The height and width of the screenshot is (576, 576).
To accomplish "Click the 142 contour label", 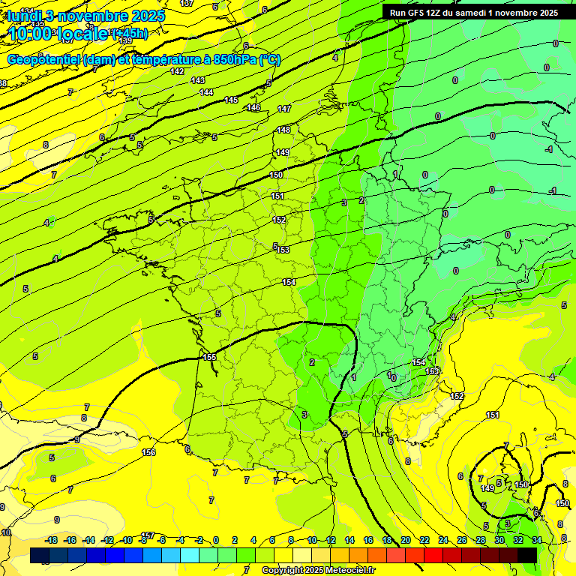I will pos(177,72).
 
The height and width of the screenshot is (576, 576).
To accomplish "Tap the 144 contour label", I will pos(206,92).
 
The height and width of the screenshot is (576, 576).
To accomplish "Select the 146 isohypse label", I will pos(254,108).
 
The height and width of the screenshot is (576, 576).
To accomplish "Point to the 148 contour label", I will pos(283,130).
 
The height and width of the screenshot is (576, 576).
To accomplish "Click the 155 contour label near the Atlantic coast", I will pos(210,357).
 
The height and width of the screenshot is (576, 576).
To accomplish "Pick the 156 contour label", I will pos(148,451).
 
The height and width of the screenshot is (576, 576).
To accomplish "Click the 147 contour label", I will pos(284,109).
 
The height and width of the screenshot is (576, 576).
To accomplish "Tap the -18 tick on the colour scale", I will pos(51,540).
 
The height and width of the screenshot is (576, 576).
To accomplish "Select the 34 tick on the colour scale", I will pos(537,540).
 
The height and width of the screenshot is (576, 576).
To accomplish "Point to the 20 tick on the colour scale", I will pos(406,540).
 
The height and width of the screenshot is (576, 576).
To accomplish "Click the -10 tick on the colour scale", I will pos(127,540).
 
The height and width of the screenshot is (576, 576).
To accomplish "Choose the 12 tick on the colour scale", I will pos(331,540).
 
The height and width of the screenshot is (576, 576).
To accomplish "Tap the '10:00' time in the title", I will pos(31,34).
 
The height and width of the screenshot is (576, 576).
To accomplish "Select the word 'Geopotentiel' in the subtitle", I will pos(43,60).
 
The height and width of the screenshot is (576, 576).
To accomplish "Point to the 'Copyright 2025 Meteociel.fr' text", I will pos(318,570).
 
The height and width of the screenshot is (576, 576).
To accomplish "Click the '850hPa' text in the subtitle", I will pos(235,60).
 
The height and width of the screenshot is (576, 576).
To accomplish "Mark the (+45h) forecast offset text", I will pos(129,33).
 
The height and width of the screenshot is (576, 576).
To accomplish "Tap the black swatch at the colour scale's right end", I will pos(527,555).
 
